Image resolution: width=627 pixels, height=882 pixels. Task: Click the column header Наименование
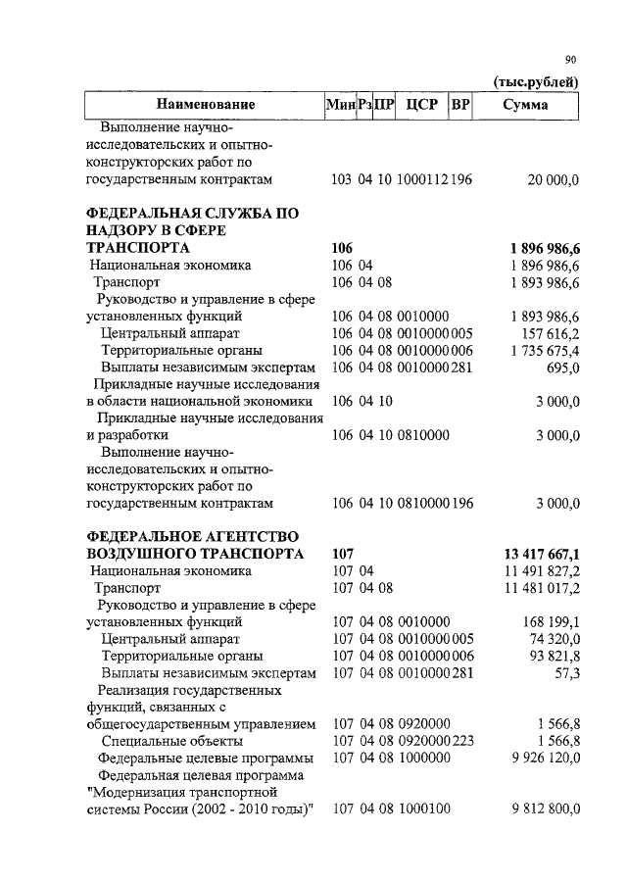pos(205,105)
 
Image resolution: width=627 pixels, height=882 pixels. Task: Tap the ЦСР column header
pos(420,105)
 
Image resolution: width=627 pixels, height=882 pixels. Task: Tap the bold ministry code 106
pos(343,248)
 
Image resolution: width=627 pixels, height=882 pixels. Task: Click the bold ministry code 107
pos(343,554)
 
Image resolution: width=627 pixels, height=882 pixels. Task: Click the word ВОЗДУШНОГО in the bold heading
pos(141,554)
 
